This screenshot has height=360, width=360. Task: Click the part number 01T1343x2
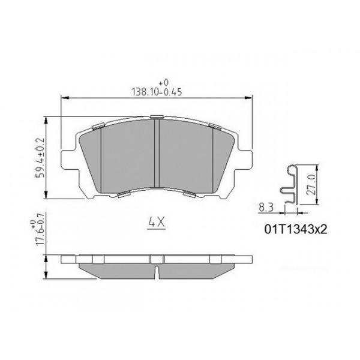click(x=295, y=229)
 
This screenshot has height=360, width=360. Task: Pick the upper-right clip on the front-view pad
click(x=214, y=125)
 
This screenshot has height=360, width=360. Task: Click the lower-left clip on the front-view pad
click(x=122, y=193)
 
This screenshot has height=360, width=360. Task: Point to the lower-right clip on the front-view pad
click(x=190, y=193)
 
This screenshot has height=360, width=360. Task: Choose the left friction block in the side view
click(x=117, y=268)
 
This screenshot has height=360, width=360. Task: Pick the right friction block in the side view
click(x=195, y=268)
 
